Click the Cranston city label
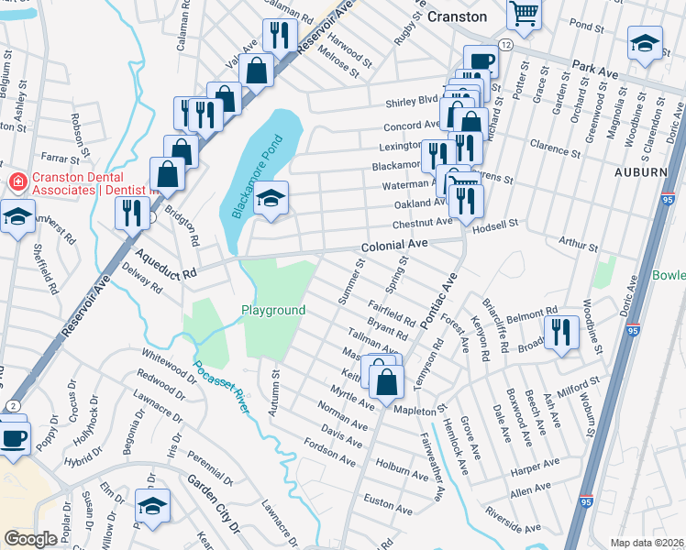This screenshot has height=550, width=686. (x=457, y=16)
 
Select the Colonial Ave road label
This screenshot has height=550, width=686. (x=394, y=246)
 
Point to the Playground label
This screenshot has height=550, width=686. (x=273, y=310)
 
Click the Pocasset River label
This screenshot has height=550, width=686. (x=221, y=384)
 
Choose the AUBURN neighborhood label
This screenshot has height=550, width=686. (x=640, y=171)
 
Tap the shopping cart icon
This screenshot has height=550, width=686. (x=525, y=13)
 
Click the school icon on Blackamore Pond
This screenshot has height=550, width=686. (x=271, y=198)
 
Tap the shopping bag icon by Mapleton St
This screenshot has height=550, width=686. (x=387, y=379)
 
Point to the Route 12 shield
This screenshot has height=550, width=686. (x=505, y=45)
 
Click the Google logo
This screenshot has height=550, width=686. (x=30, y=539)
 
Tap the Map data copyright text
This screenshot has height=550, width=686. (x=647, y=543)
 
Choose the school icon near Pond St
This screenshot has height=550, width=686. (x=645, y=42)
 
